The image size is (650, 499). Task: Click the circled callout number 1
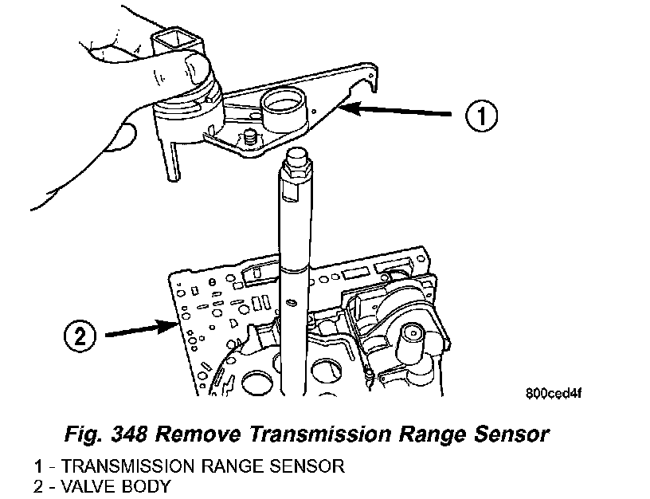pos(481,117)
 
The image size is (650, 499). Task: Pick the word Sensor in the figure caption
pos(510,434)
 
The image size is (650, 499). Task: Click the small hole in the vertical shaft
pos(294,302)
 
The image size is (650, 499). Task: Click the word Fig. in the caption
pos(79,434)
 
